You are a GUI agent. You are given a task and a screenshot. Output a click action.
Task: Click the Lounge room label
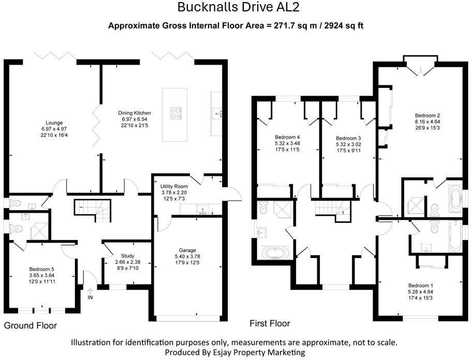(x=54, y=123)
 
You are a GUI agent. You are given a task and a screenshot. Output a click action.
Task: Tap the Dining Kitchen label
(x=134, y=113)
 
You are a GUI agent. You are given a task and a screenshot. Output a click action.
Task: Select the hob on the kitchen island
(x=176, y=113)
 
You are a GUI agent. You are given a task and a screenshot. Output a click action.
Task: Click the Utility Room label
(x=174, y=187)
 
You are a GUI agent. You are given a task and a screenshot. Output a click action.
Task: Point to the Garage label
(x=187, y=250)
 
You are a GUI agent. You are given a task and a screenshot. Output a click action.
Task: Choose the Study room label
(x=128, y=256)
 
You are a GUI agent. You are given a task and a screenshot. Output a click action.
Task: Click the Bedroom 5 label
(x=41, y=269)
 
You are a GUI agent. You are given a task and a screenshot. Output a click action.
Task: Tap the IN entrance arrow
(x=90, y=291)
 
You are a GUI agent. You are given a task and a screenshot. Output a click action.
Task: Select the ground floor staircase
(x=93, y=210)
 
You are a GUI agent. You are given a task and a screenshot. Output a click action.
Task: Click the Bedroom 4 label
(x=287, y=138)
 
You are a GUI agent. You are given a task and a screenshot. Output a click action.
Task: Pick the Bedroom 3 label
(x=348, y=138)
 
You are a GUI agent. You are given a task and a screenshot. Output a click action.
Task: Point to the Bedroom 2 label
(x=427, y=115)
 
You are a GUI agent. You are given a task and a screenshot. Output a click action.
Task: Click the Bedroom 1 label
(x=421, y=286)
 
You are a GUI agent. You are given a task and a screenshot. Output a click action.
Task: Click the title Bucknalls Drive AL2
(x=239, y=7)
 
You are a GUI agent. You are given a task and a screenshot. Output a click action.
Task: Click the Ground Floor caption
(x=31, y=325)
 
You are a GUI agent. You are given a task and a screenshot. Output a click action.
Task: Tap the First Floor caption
(x=270, y=323)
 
